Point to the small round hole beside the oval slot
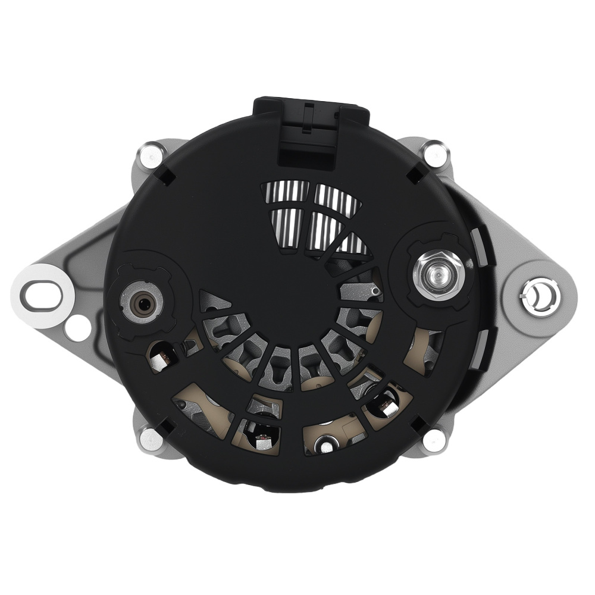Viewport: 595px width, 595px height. (77, 326)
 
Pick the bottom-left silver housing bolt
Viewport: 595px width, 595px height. (149, 439)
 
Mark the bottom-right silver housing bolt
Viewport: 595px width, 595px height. (434, 440)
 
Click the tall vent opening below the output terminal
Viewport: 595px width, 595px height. (424, 351)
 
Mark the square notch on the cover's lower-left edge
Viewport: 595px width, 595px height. (167, 426)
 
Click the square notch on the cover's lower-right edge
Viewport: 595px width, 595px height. (419, 424)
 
